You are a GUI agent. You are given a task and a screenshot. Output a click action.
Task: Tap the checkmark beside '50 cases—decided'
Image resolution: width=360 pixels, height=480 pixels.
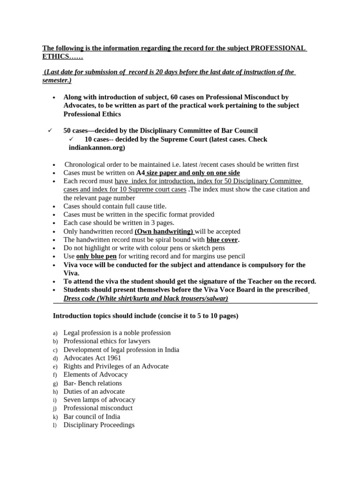[50, 130]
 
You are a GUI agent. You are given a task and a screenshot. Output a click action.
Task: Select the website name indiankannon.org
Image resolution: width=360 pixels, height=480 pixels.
[97, 148]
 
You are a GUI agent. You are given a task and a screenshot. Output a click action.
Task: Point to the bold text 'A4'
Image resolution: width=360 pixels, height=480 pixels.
[140, 173]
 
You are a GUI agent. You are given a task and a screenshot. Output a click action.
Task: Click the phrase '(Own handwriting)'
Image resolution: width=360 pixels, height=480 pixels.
[164, 231]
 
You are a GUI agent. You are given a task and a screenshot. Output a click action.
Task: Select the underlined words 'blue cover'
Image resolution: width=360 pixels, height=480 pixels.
[222, 240]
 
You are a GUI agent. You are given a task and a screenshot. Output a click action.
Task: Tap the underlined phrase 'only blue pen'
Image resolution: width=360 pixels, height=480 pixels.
[96, 256]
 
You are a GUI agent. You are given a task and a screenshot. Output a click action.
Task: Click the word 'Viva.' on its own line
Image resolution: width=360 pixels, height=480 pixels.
[72, 273]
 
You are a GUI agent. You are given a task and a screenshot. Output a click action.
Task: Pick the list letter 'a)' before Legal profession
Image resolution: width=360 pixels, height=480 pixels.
[55, 333]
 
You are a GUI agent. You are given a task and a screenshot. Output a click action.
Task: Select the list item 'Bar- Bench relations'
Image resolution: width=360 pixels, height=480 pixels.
[92, 383]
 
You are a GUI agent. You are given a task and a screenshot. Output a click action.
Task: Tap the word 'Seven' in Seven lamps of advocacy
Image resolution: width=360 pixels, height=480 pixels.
[73, 400]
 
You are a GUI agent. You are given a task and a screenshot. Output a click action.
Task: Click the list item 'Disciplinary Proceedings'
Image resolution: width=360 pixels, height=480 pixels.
[99, 425]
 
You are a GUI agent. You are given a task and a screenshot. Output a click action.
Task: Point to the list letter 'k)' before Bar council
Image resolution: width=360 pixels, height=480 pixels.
[55, 417]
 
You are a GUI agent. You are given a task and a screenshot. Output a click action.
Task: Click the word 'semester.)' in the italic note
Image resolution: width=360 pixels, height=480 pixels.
[57, 80]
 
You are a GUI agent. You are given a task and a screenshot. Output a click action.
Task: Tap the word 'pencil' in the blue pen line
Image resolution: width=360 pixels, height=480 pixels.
[235, 256]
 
